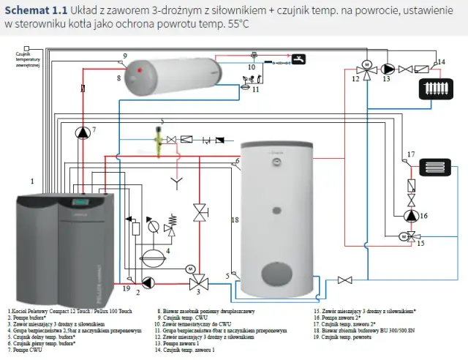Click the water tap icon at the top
(x=298, y=59)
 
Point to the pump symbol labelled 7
(x=83, y=132)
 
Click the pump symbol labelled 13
(x=388, y=70)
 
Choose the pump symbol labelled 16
(x=411, y=216)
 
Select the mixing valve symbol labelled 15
(x=410, y=237)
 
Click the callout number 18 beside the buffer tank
(x=235, y=220)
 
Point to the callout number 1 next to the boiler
(x=32, y=180)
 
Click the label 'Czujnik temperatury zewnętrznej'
(x=29, y=61)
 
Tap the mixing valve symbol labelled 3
(x=197, y=283)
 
